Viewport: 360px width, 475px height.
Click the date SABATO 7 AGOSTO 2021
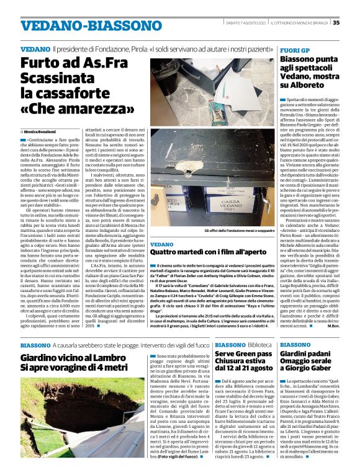tap(246, 23)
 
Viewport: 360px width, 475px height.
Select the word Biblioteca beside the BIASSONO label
tap(260, 344)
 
